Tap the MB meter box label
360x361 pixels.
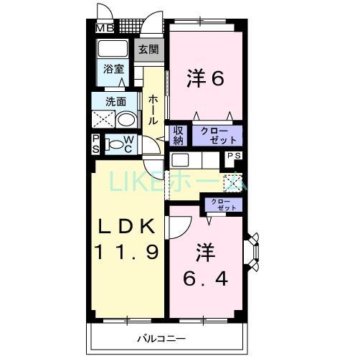pos(105,28)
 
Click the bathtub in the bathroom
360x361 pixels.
pos(113,50)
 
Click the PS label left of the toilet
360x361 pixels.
pos(95,144)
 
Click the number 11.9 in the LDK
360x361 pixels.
pos(127,252)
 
